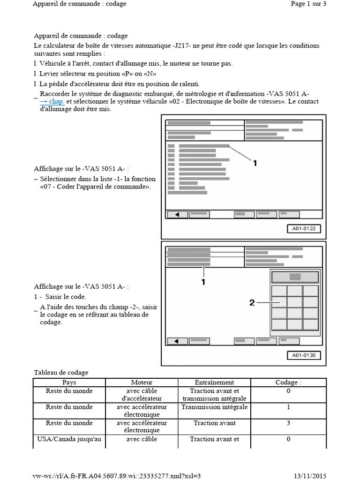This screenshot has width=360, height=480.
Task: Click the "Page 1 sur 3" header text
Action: (308, 4)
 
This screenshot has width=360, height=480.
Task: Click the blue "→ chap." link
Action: (52, 101)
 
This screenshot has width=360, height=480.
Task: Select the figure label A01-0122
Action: (304, 229)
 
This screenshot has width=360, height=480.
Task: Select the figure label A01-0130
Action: (304, 355)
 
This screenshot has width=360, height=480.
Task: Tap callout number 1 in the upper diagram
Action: (255, 163)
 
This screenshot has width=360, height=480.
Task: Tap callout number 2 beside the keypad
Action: (252, 303)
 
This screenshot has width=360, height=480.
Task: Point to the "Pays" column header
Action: (69, 382)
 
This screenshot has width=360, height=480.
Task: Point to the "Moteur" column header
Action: (142, 382)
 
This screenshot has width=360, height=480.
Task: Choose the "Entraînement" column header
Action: (214, 382)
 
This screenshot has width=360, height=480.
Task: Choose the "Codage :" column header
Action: (288, 382)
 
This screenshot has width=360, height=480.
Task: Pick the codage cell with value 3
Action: (288, 423)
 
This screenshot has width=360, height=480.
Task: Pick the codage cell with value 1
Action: (288, 407)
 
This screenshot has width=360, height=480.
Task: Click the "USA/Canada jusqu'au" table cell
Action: (69, 439)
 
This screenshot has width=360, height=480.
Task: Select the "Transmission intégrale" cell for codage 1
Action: (214, 407)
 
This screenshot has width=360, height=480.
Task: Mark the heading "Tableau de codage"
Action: (61, 372)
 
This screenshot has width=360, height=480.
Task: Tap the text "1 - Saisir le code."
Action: (60, 297)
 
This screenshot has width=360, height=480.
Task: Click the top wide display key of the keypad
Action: (295, 277)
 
